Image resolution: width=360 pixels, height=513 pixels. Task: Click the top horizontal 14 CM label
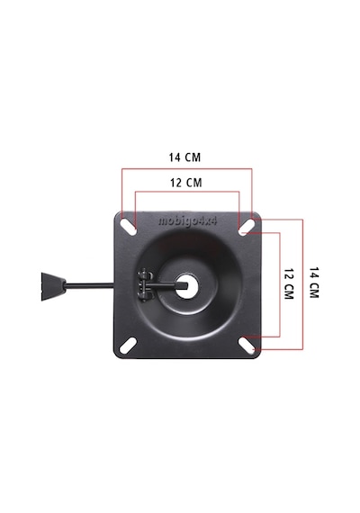tap(184, 157)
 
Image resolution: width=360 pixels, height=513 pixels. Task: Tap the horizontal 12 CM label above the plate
tap(186, 183)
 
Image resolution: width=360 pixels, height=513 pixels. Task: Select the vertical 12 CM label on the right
tap(288, 284)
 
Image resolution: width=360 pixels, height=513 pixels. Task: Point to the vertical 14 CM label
tap(314, 283)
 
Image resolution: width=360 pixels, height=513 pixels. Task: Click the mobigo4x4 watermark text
tap(187, 221)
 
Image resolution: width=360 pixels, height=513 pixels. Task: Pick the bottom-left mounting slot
tap(128, 346)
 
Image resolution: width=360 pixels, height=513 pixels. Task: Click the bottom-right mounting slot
tap(247, 345)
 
